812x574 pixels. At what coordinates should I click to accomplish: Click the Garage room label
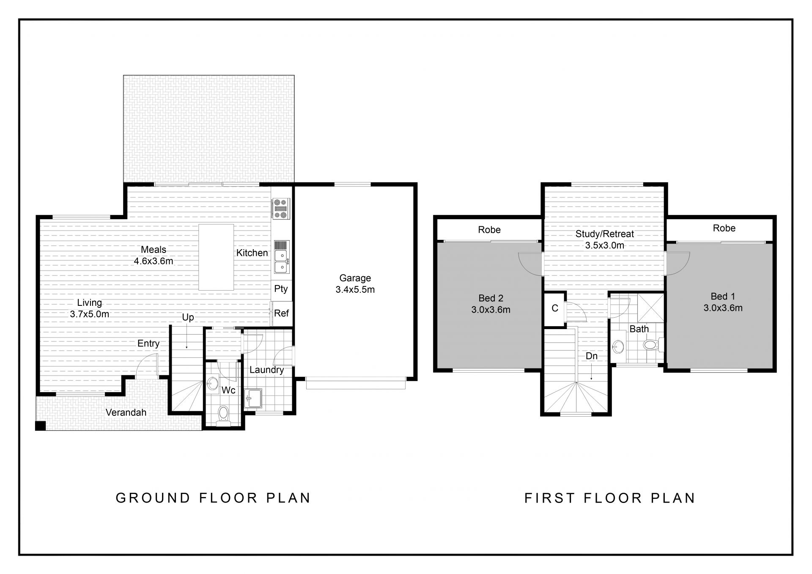pyautogui.click(x=355, y=278)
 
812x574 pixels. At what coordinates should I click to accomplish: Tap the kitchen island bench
pyautogui.click(x=216, y=257)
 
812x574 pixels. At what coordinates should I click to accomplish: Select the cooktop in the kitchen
pyautogui.click(x=280, y=209)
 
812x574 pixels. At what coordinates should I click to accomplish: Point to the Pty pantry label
pyautogui.click(x=281, y=289)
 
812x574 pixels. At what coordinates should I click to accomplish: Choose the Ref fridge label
pyautogui.click(x=281, y=313)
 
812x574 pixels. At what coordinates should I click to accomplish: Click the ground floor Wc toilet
pyautogui.click(x=222, y=415)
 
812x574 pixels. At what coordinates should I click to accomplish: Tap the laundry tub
pyautogui.click(x=253, y=398)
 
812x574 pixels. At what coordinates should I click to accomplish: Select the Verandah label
pyautogui.click(x=126, y=412)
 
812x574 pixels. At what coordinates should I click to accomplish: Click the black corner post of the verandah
pyautogui.click(x=40, y=426)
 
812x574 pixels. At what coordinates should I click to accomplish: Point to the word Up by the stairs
pyautogui.click(x=188, y=317)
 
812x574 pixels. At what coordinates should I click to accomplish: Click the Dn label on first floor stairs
pyautogui.click(x=592, y=356)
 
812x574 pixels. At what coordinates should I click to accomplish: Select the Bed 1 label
pyautogui.click(x=723, y=297)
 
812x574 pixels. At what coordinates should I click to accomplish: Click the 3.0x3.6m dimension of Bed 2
pyautogui.click(x=491, y=310)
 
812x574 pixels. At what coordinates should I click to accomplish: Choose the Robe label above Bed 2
pyautogui.click(x=489, y=230)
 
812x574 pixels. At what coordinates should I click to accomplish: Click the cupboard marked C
pyautogui.click(x=555, y=309)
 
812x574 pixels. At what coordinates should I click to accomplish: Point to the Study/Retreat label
pyautogui.click(x=605, y=234)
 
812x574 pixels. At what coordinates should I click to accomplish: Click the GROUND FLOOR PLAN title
pyautogui.click(x=213, y=498)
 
